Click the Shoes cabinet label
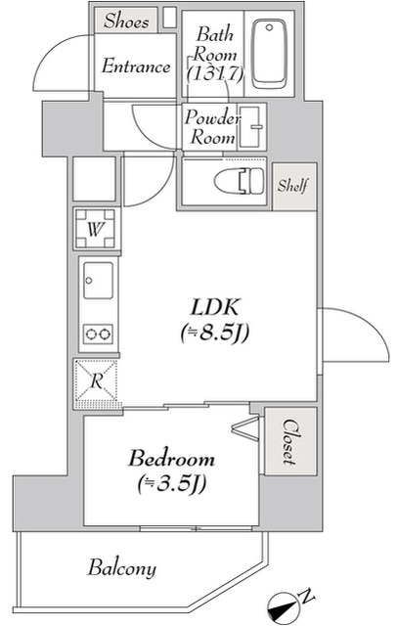click(126, 20)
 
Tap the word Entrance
click(136, 67)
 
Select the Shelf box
click(294, 185)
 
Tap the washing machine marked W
click(96, 229)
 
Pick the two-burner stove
click(97, 334)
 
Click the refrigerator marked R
click(97, 380)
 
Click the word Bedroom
click(171, 458)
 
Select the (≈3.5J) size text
click(172, 482)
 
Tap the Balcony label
click(122, 568)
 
